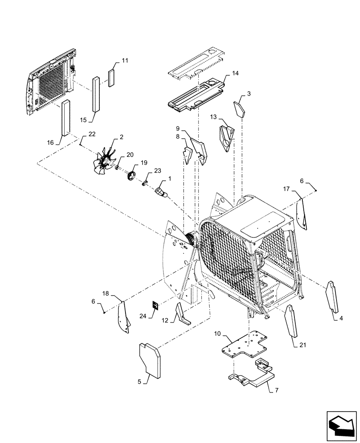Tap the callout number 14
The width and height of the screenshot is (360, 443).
point(235,74)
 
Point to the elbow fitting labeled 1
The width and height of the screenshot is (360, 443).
point(160,192)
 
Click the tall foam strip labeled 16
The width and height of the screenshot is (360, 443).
point(66,117)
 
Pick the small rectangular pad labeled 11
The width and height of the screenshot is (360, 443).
point(111,78)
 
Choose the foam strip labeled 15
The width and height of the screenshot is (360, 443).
point(96,94)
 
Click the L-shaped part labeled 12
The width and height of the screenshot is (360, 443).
point(183,314)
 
